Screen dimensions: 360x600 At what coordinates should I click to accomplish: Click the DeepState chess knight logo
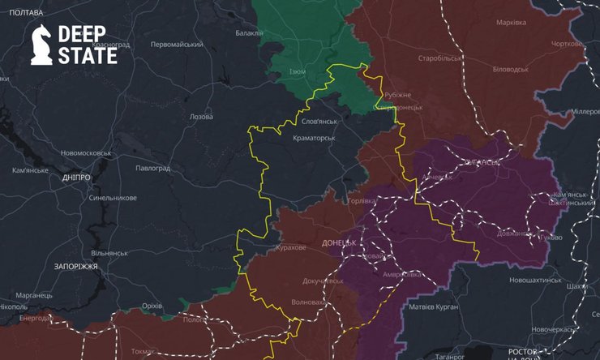[x=41, y=44]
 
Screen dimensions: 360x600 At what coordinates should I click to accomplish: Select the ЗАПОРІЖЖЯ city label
[x=64, y=266]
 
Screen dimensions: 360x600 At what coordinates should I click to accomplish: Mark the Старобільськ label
[x=439, y=59]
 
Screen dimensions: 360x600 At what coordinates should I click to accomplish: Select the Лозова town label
[x=200, y=117]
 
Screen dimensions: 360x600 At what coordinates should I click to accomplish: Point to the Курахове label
[x=289, y=248]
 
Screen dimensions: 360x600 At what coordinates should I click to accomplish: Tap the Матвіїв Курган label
[x=433, y=306]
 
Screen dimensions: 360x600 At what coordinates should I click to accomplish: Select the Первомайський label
[x=176, y=44]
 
